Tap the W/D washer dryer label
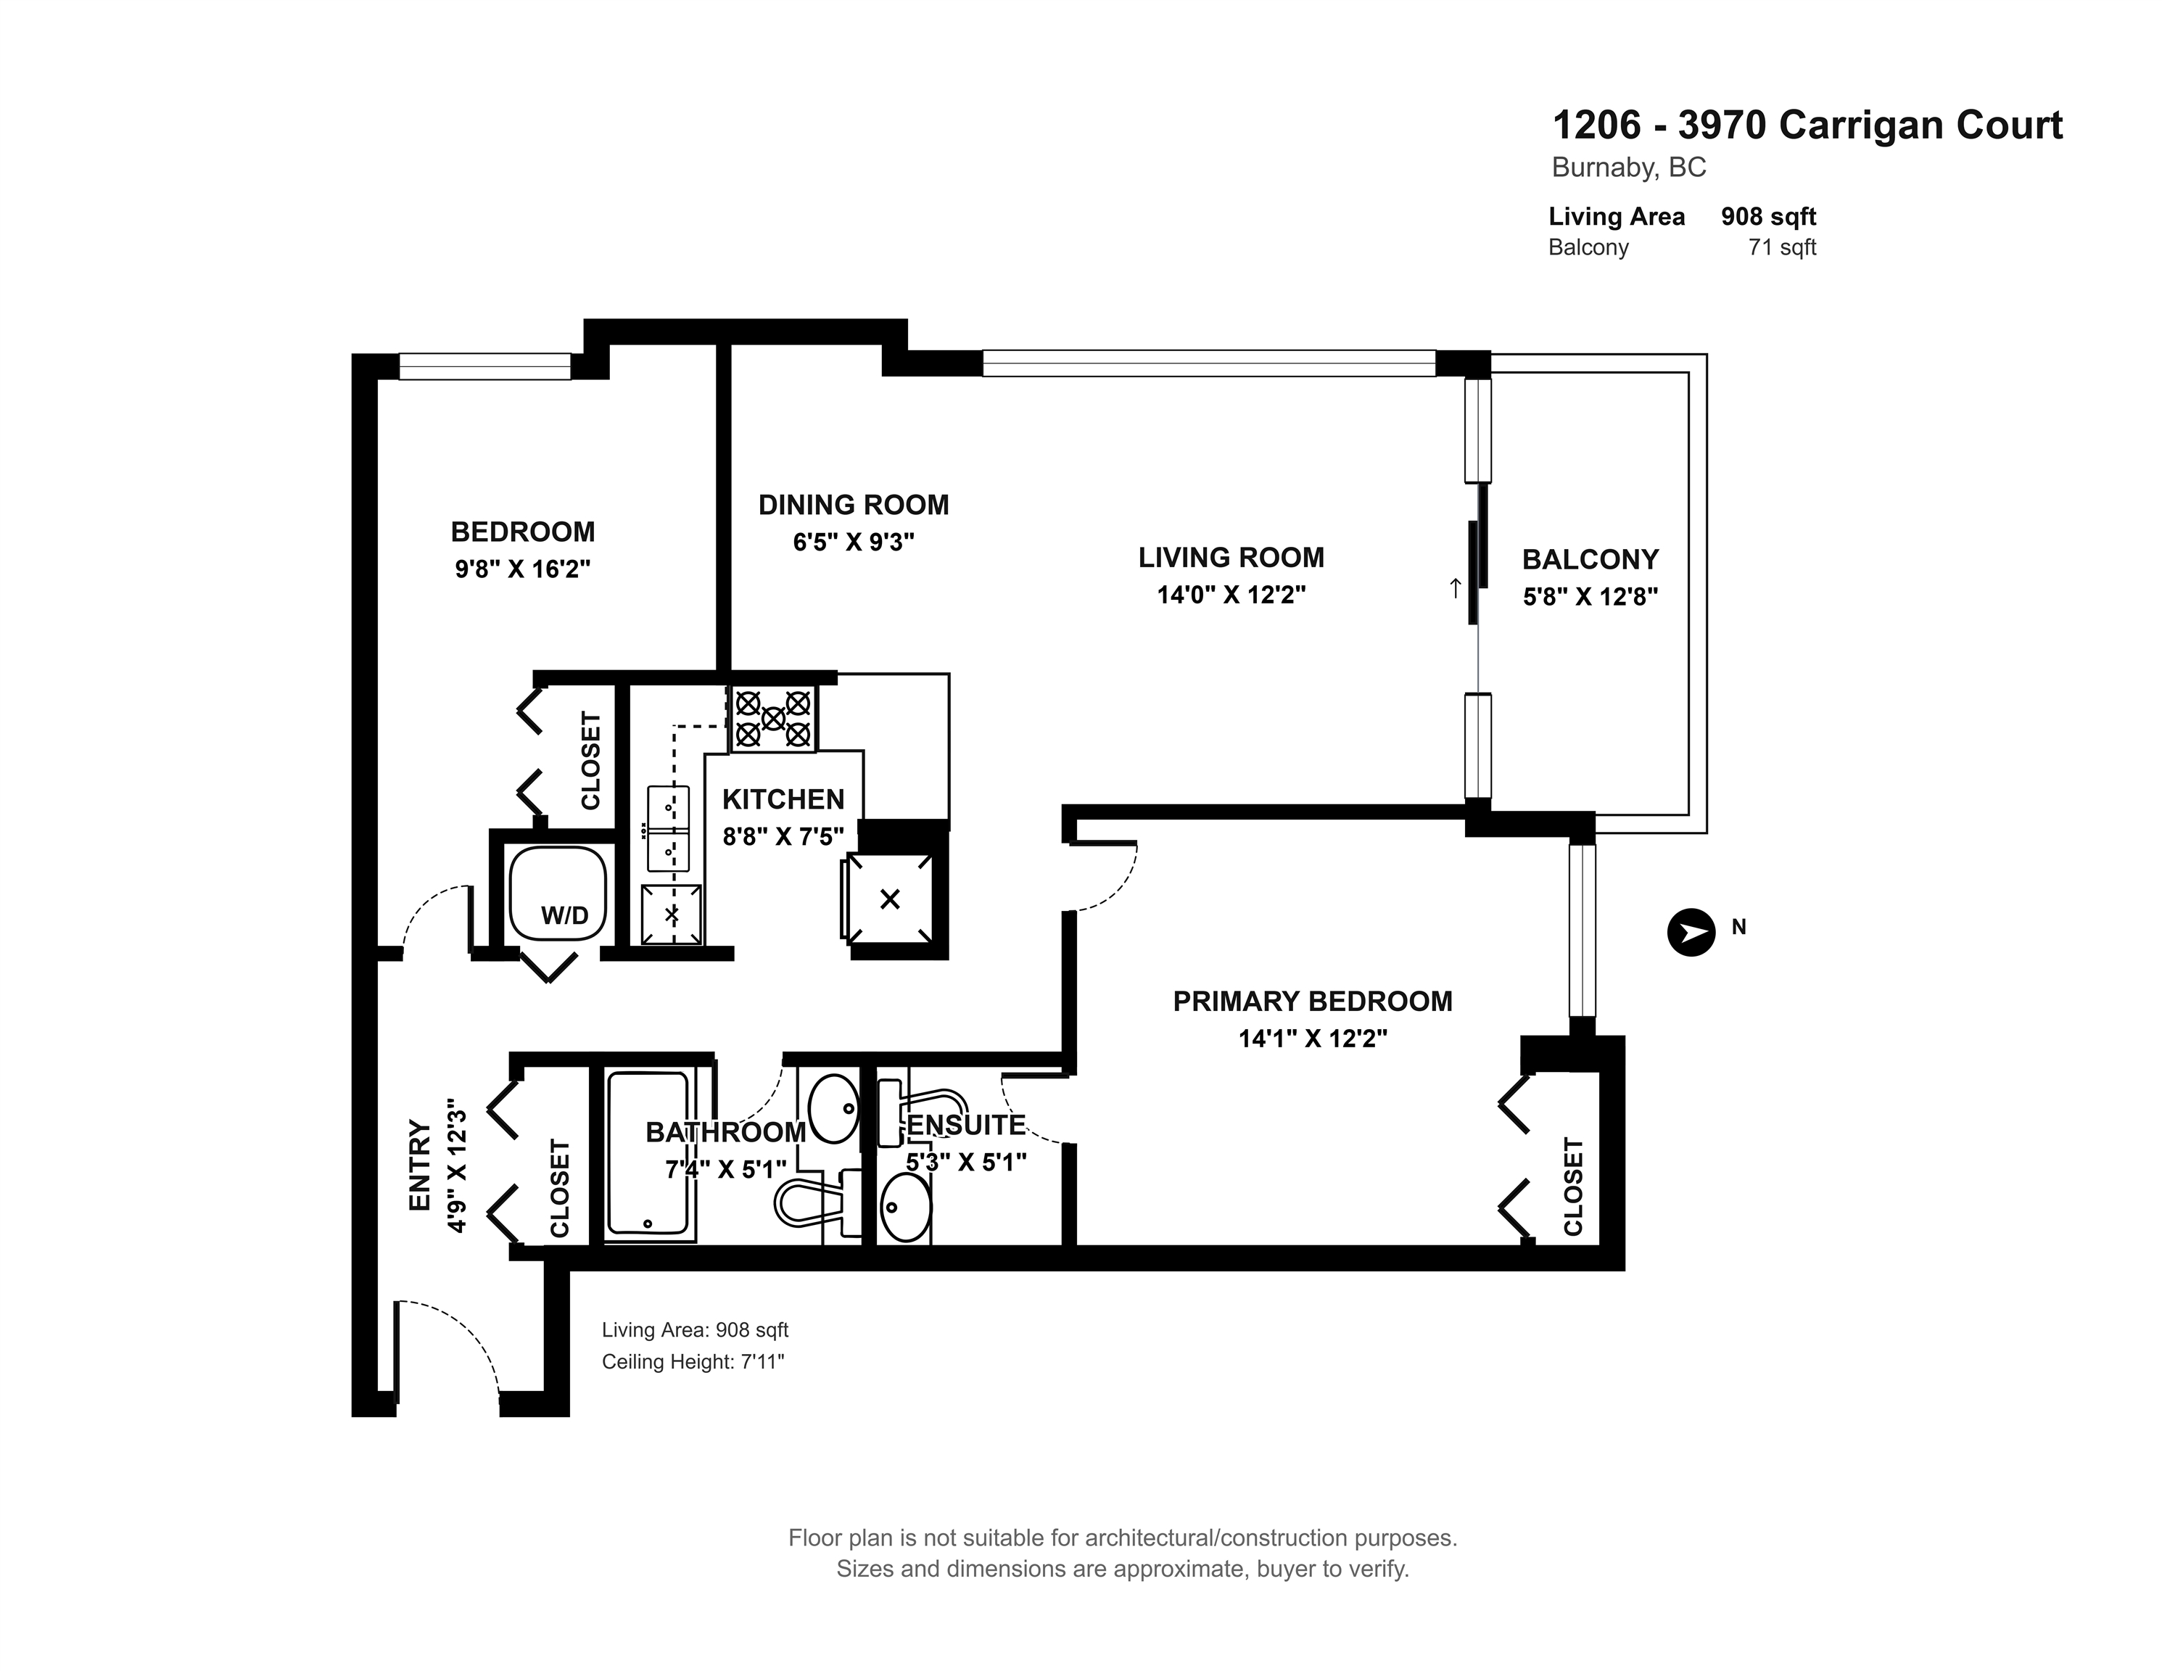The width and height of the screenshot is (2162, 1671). pos(564,916)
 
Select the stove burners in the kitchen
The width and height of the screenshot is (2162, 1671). pos(773,719)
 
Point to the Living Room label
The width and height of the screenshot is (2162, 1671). pos(1231,557)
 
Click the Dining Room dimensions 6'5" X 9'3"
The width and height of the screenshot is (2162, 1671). pos(854,542)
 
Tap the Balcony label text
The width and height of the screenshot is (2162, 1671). pos(1590,559)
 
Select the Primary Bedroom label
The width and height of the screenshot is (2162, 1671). pos(1313,1001)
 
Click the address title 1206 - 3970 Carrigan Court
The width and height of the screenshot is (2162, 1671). pos(1807,125)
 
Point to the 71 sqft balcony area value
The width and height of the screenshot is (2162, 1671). pos(1782,247)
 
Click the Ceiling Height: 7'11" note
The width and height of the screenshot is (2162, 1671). pos(693,1362)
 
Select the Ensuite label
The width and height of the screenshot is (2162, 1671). pos(966,1126)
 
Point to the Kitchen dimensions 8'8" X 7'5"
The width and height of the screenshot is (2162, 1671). pos(783,836)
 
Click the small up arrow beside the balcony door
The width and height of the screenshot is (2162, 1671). pos(1454,588)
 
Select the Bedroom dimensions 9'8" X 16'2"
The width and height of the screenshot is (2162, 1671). pos(523,569)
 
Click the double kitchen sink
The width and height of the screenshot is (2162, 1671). pos(668,828)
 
